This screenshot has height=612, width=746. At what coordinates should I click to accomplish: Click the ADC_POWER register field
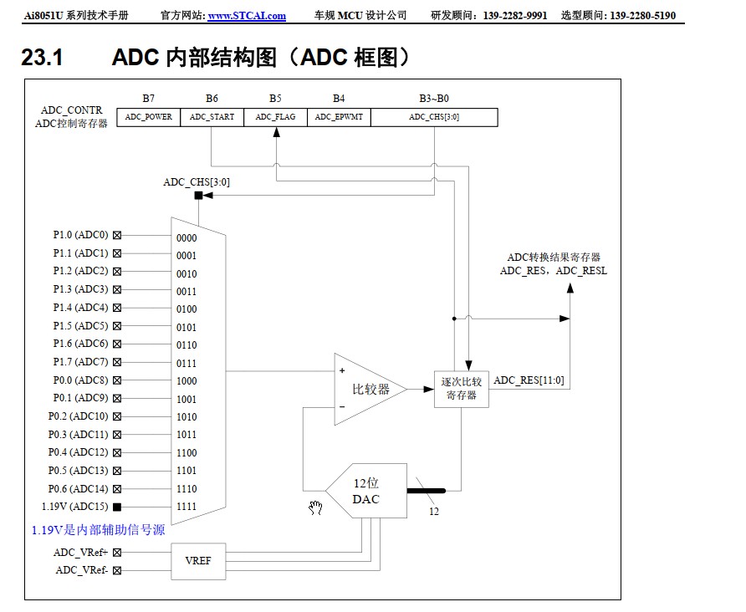click(148, 117)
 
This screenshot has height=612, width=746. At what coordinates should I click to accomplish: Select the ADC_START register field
click(212, 117)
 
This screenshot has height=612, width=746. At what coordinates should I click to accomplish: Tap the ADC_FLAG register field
click(275, 117)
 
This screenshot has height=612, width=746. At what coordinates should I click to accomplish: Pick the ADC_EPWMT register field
click(339, 117)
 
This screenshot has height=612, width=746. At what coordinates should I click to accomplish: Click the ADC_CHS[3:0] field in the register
click(433, 117)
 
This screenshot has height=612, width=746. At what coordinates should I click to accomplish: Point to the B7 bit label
click(148, 99)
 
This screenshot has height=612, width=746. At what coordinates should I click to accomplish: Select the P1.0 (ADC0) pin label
click(80, 235)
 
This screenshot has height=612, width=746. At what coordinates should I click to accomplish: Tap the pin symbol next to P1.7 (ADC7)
click(117, 362)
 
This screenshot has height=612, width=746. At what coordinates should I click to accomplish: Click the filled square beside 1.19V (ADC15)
click(117, 507)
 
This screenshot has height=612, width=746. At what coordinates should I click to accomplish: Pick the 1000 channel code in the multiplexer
click(186, 381)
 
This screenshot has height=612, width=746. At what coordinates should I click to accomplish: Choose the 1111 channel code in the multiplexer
click(186, 507)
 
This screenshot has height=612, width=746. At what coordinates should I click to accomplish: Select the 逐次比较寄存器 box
click(461, 389)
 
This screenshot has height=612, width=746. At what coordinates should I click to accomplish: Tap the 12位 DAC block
click(368, 491)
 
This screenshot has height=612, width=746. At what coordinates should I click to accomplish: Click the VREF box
click(198, 560)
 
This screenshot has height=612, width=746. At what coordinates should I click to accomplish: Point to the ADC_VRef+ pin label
click(81, 552)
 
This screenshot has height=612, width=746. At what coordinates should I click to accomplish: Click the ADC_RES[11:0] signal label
click(529, 380)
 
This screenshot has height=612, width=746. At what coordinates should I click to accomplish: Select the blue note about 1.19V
click(104, 530)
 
